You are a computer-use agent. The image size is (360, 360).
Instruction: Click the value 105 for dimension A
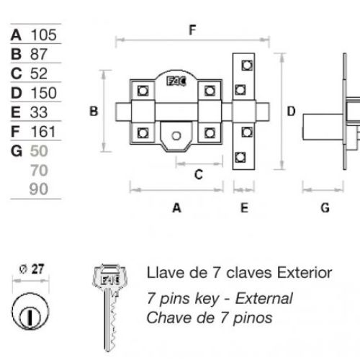tap(43, 34)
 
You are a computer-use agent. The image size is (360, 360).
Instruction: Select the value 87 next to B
tap(39, 54)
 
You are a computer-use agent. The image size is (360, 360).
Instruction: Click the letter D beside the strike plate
tap(291, 111)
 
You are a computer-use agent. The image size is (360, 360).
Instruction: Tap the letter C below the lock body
tap(199, 174)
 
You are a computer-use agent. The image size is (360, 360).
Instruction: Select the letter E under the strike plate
tap(244, 208)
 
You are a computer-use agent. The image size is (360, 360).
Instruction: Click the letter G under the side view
tap(325, 208)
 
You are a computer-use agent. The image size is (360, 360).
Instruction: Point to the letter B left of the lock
tap(93, 111)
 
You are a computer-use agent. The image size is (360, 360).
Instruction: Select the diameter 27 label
tap(30, 269)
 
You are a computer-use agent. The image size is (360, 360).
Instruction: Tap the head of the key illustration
tap(108, 278)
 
